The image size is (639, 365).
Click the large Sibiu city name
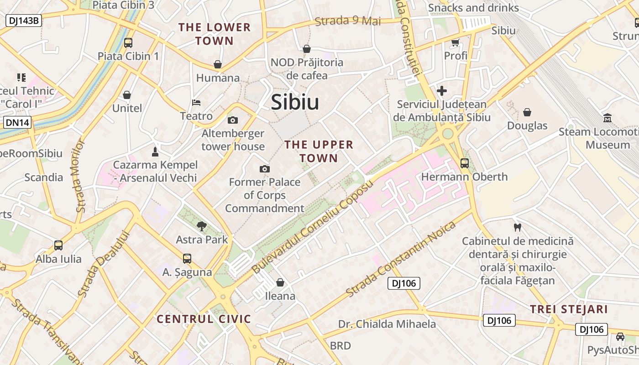(x=295, y=102)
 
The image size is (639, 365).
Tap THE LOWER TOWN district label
(x=215, y=34)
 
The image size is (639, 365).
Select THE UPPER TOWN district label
(x=319, y=151)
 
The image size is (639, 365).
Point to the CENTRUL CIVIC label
(x=204, y=319)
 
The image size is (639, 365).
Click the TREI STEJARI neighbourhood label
(x=569, y=309)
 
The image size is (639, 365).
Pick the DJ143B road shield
(x=24, y=21)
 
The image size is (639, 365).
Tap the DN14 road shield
(x=17, y=122)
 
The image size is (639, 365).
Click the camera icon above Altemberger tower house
(x=233, y=120)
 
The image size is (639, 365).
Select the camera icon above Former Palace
(x=264, y=169)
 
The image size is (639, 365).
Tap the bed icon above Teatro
(x=196, y=103)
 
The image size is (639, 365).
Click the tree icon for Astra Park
(x=201, y=226)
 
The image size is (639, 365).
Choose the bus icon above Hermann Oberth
(x=465, y=163)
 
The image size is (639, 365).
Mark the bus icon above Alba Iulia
(x=58, y=245)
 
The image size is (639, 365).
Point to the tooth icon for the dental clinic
(x=517, y=227)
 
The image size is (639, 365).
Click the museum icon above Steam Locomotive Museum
(x=607, y=118)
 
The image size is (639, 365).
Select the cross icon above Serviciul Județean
(x=441, y=91)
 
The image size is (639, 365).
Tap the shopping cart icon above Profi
(x=455, y=43)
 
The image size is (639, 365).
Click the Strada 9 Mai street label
(x=348, y=21)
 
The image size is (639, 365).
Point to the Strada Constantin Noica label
(x=401, y=259)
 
